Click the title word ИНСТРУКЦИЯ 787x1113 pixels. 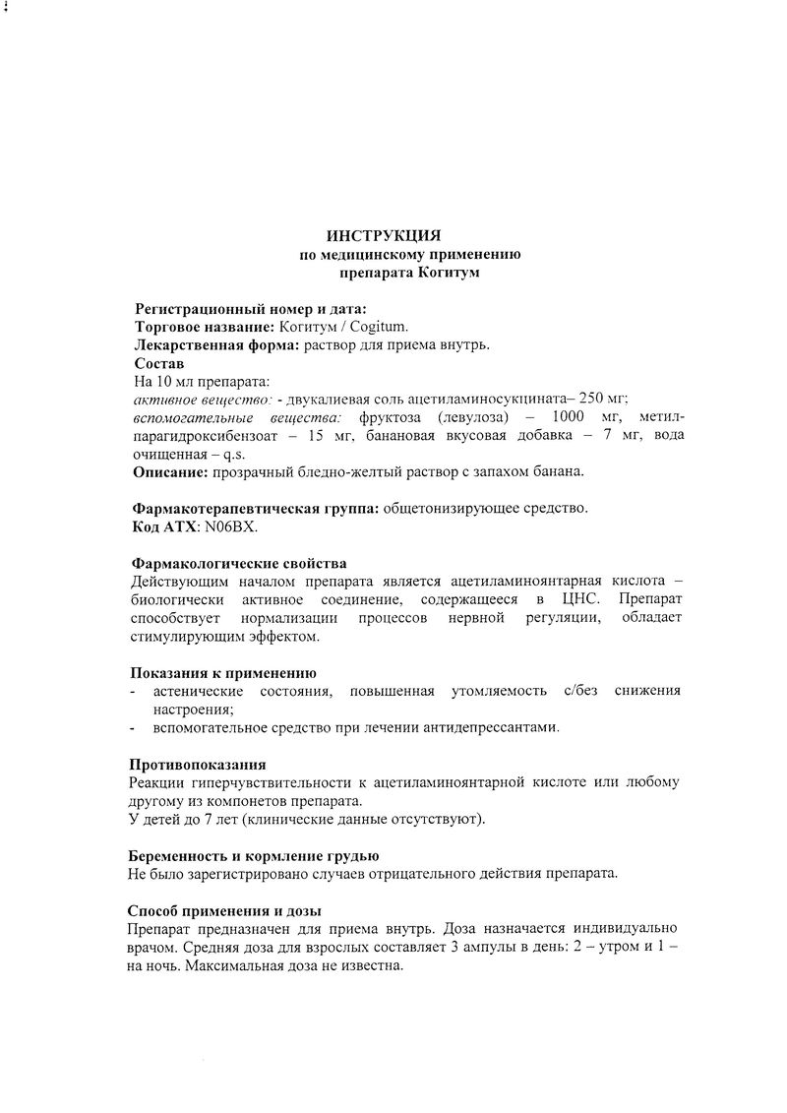tap(384, 235)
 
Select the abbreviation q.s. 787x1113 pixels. tap(234, 454)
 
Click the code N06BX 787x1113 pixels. tap(231, 526)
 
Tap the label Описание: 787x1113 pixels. tap(169, 471)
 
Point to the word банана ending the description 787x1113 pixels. tap(562, 471)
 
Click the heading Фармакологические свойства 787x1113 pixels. tap(239, 564)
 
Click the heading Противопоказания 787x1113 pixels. tap(197, 764)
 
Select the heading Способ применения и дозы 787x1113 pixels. tap(225, 910)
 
